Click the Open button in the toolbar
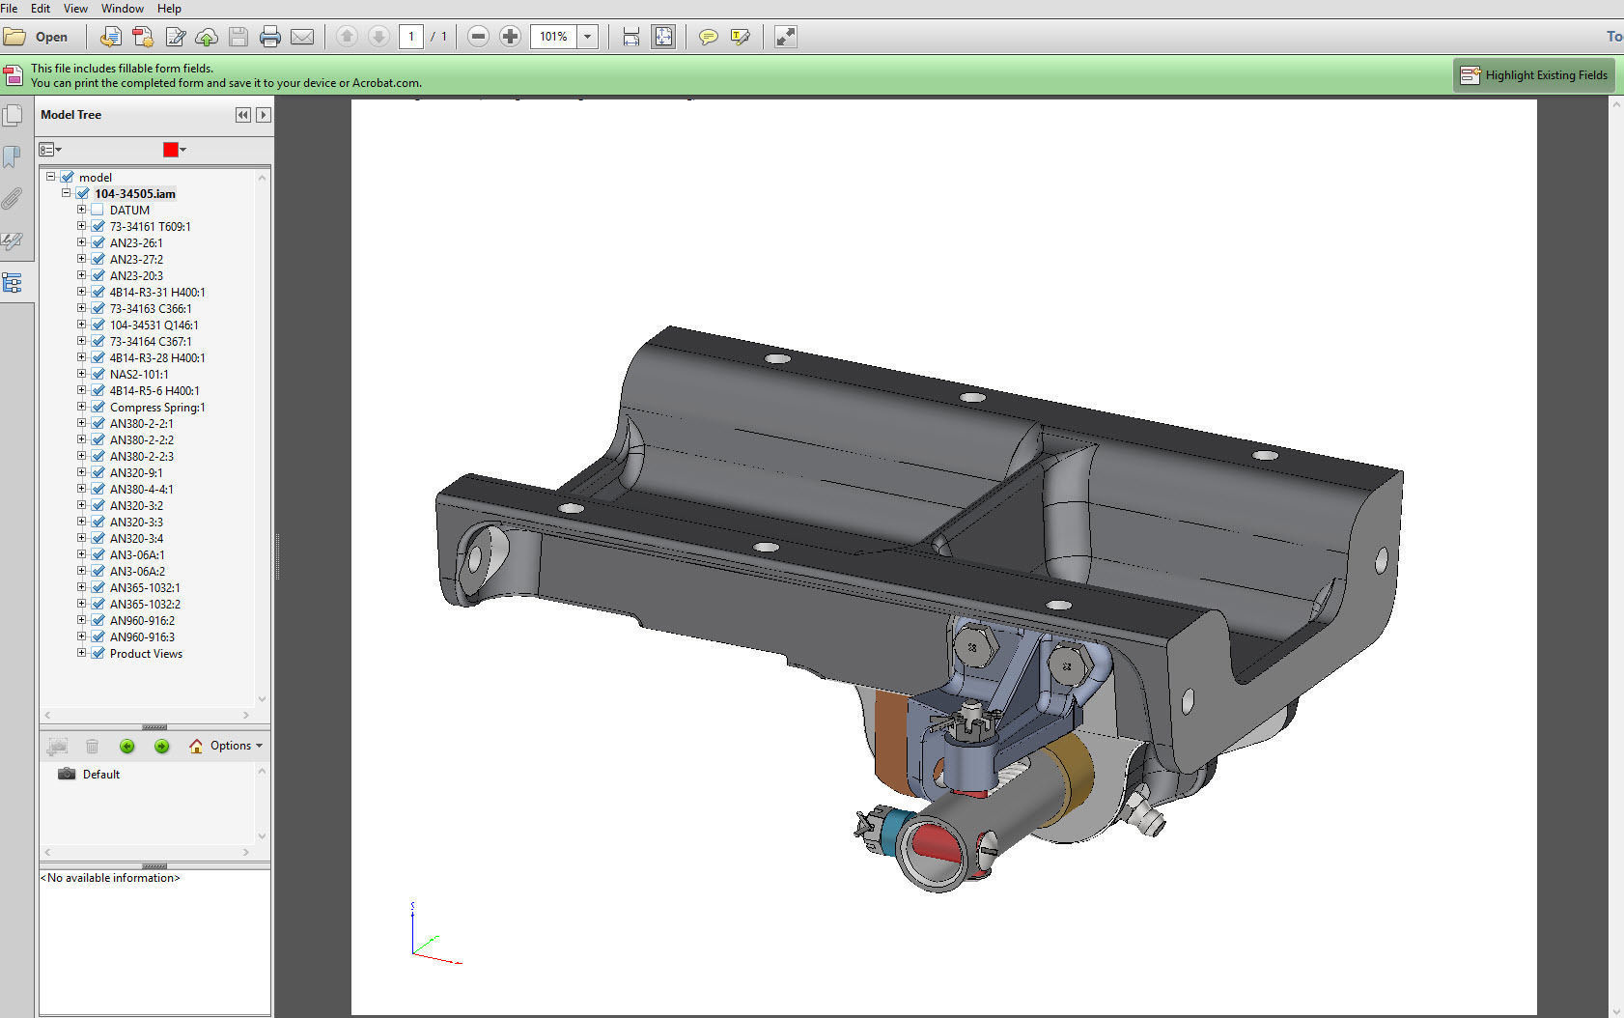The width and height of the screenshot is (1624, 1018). coord(37,37)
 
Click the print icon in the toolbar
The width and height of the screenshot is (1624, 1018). coord(270,37)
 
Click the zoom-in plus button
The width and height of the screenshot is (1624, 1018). coord(510,37)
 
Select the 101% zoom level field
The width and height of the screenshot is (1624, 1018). coord(553,37)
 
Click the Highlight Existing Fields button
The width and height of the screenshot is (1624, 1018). coord(1534,75)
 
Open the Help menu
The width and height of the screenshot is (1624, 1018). coord(169,8)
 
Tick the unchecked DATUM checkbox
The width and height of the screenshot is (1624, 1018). coord(97,210)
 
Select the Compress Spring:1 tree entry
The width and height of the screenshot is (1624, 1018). coord(156,407)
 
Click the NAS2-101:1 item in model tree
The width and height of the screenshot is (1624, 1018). coord(139,374)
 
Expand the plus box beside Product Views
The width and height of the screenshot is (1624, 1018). coord(82,653)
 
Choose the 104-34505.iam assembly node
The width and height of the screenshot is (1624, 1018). coord(134,193)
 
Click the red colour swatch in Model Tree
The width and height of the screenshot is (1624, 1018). coord(171,150)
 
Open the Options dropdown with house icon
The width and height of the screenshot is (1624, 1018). coord(227,746)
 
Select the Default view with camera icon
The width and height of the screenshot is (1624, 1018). coord(100,775)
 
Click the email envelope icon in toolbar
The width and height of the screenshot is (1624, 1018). coord(302,37)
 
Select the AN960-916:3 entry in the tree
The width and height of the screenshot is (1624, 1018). coord(142,636)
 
